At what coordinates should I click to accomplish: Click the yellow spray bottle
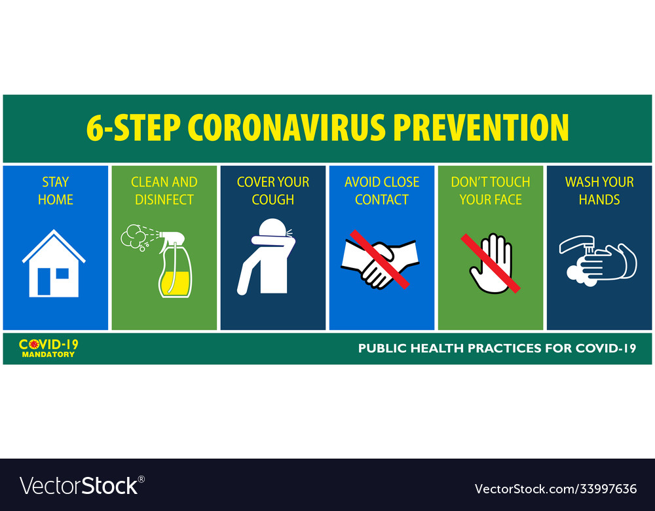point(175,269)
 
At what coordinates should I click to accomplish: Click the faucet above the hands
point(576,244)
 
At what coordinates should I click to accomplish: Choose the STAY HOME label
point(55,191)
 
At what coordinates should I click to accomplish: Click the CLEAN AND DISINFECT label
point(164,191)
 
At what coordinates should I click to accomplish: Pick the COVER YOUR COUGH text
point(272,191)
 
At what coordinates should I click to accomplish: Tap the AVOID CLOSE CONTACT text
point(381,191)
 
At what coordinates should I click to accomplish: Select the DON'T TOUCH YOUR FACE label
point(490,191)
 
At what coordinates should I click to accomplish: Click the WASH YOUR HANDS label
point(599,191)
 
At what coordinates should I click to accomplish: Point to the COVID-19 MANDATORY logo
point(48,348)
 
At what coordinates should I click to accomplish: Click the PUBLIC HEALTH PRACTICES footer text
point(496,349)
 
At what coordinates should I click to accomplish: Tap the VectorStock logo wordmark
point(79,485)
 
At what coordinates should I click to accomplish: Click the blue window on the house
point(62,273)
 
